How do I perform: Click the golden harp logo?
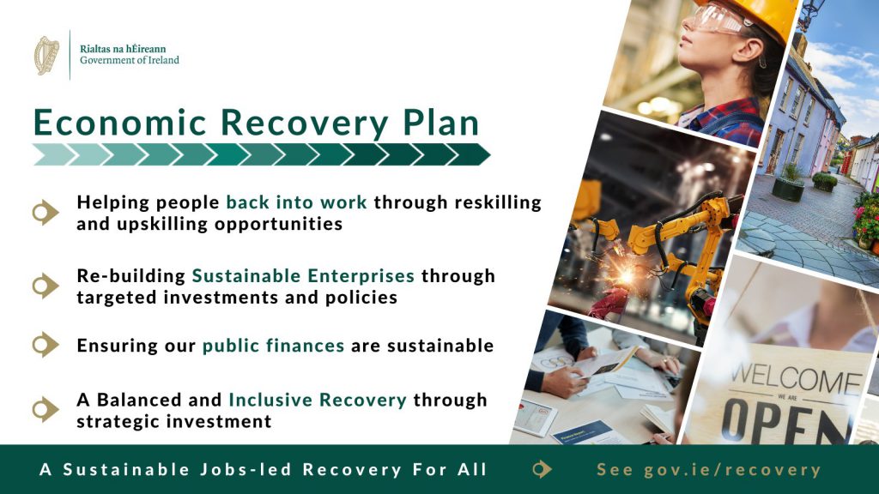[46, 56]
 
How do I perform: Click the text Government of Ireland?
[130, 61]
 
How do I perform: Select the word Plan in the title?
[441, 122]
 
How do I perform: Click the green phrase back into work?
[296, 202]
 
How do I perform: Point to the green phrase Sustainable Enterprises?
[303, 275]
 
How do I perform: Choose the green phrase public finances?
[273, 346]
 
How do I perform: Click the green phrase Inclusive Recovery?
[318, 400]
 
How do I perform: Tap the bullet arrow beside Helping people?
[45, 213]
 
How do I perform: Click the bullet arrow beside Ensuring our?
[45, 345]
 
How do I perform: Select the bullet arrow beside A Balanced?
[45, 409]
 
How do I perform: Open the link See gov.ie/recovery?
[708, 469]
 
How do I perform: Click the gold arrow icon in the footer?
[543, 469]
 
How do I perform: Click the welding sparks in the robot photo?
[624, 274]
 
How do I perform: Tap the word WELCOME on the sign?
[796, 380]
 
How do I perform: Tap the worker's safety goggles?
[716, 20]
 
